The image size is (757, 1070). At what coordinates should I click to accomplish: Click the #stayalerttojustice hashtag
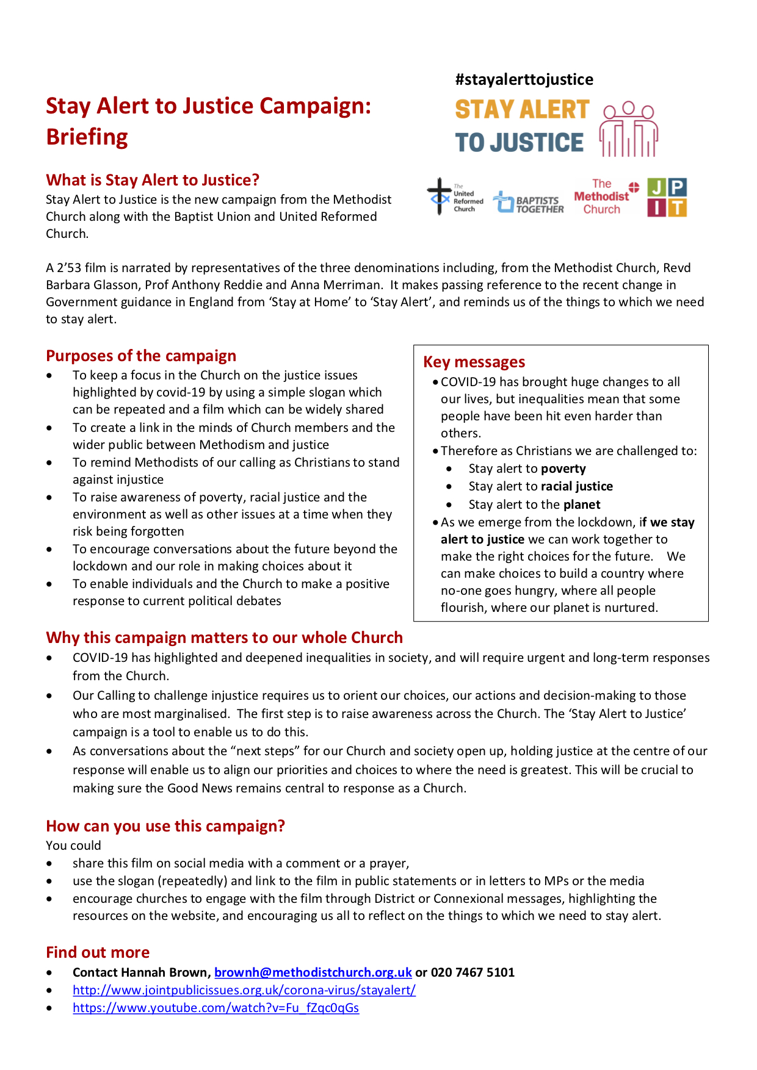(x=524, y=79)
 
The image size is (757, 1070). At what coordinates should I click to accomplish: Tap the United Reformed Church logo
(x=455, y=197)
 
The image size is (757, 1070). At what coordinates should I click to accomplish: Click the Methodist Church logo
(x=605, y=196)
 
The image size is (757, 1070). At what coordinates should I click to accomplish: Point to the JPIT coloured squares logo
(x=667, y=197)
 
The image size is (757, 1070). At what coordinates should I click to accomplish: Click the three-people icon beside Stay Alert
(x=628, y=129)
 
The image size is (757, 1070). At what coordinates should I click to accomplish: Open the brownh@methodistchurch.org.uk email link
(x=313, y=972)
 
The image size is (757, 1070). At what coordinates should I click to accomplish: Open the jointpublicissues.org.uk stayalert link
(x=244, y=990)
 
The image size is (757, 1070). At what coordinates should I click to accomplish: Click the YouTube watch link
(x=216, y=1008)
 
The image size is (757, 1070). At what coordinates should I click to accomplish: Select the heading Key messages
(x=474, y=362)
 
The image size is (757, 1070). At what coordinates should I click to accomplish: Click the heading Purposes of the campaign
(x=141, y=356)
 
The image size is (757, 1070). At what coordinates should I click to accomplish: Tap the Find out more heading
(x=98, y=952)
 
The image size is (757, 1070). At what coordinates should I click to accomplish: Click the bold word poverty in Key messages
(x=563, y=469)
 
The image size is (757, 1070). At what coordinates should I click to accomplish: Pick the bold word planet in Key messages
(x=582, y=504)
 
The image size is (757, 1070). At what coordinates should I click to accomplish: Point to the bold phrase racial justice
(x=577, y=486)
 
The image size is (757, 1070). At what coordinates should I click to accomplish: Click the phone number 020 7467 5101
(x=473, y=972)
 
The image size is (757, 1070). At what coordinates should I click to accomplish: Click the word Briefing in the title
(x=87, y=137)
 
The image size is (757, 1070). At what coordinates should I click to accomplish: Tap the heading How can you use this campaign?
(x=165, y=826)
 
